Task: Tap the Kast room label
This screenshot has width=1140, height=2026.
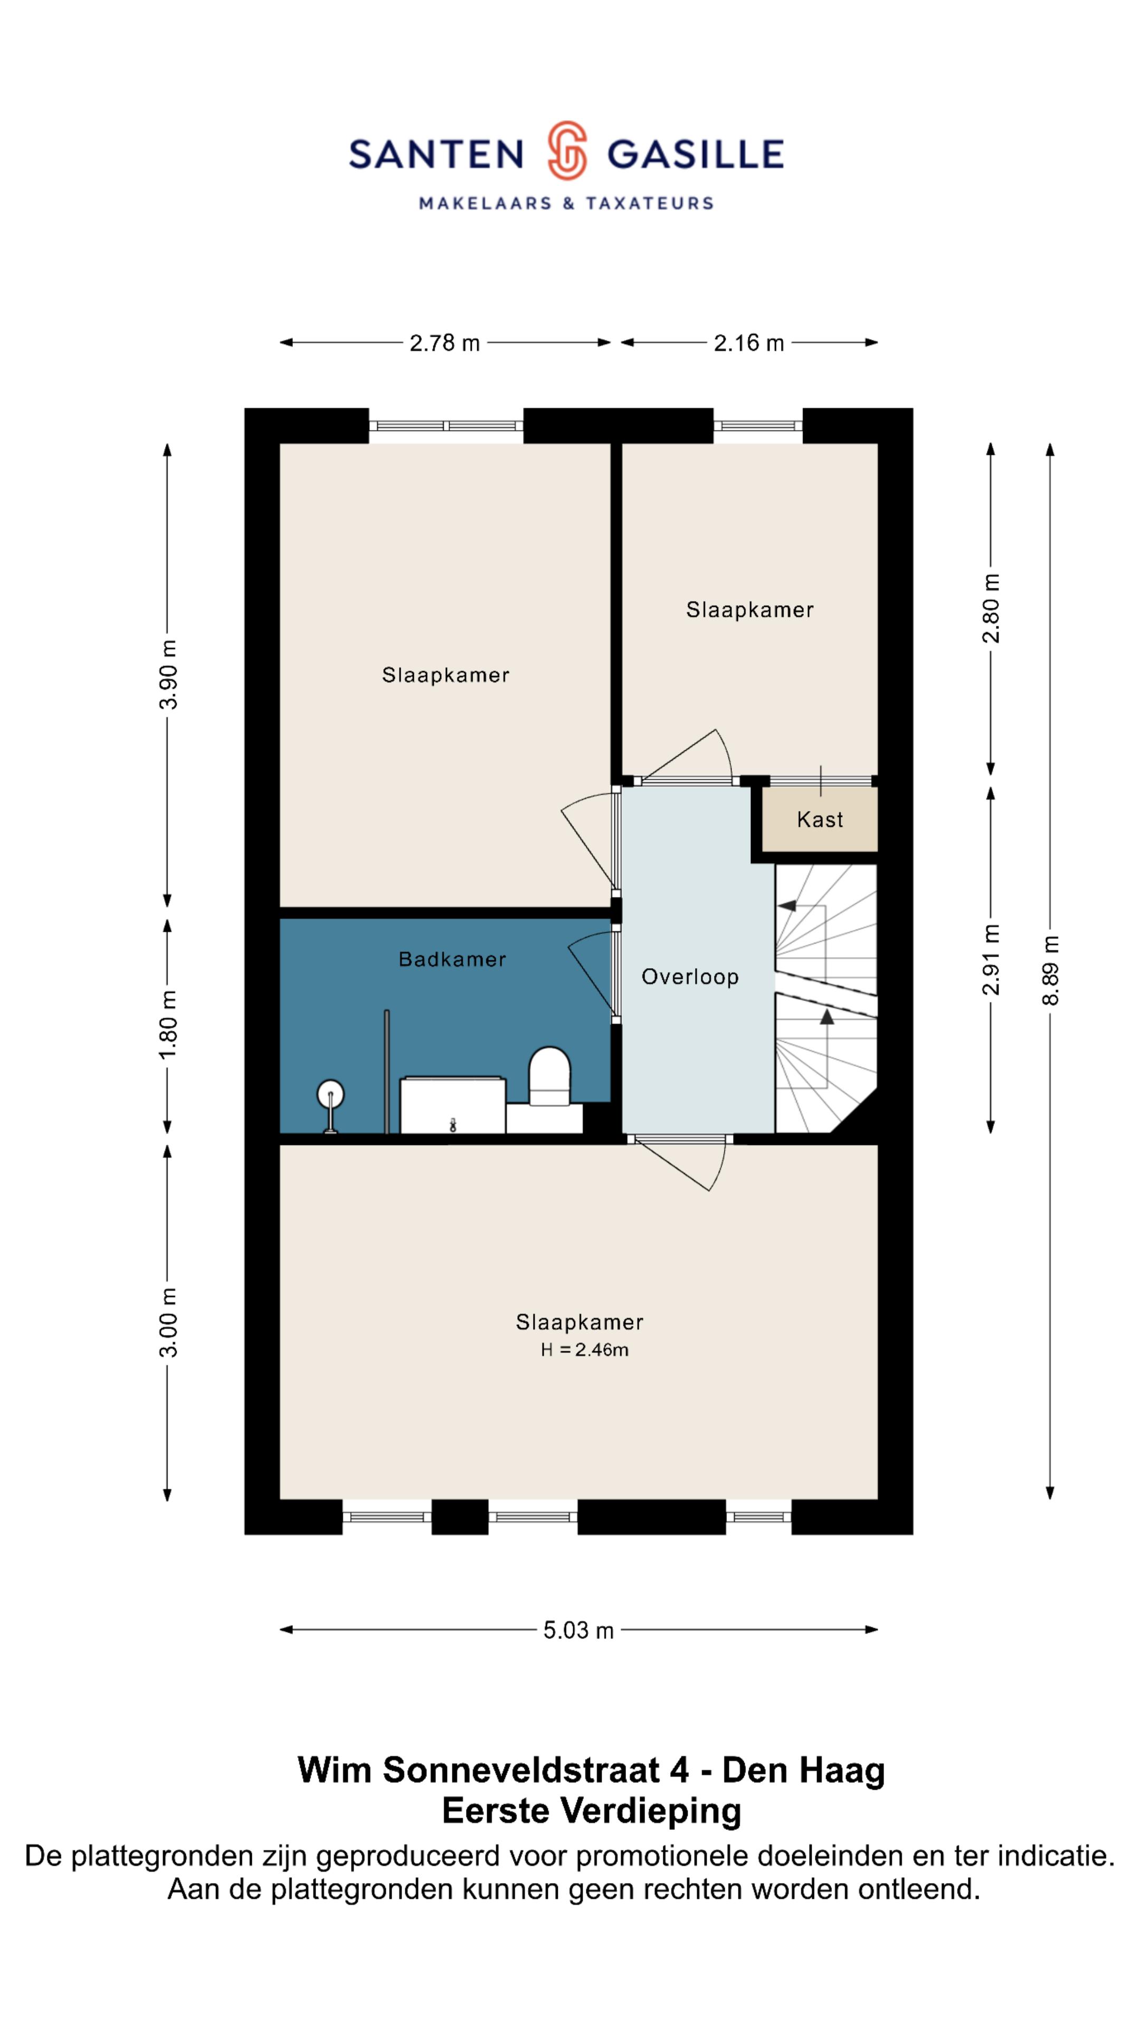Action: coord(820,819)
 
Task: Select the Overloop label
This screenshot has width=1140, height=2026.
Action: coord(690,977)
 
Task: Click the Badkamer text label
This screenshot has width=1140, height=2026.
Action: coord(452,960)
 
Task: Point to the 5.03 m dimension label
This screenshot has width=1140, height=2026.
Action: coord(578,1630)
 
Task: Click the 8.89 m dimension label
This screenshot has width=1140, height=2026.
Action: coord(1050,971)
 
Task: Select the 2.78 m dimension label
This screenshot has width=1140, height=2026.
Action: coord(444,343)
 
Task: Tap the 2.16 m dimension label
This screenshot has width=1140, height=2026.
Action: coord(749,343)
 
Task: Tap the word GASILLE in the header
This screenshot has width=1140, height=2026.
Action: coord(696,154)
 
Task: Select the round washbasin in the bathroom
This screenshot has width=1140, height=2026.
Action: coord(330,1094)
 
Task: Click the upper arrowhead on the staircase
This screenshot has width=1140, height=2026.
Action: coord(787,906)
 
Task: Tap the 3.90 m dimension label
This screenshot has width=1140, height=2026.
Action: coord(168,674)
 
